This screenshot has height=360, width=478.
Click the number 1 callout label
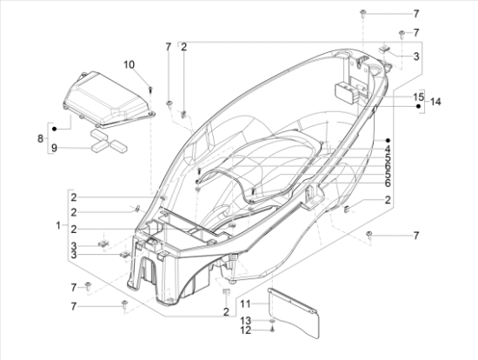click(57, 225)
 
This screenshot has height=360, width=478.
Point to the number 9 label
click(53, 148)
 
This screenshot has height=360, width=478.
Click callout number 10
click(129, 64)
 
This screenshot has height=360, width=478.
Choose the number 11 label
click(245, 303)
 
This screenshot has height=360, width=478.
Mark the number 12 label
click(245, 331)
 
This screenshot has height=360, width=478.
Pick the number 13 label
click(245, 321)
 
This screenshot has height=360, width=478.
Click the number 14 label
click(435, 102)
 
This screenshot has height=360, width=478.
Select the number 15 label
click(418, 96)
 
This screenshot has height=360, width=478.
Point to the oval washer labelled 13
click(273, 321)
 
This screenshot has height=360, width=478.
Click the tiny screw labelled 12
click(272, 330)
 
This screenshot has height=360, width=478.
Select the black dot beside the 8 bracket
click(54, 128)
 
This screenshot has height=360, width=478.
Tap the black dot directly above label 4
click(388, 139)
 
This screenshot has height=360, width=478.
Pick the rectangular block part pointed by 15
click(342, 90)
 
